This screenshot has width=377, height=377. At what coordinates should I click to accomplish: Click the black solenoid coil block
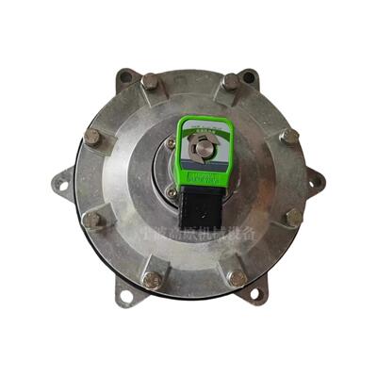click(201, 206)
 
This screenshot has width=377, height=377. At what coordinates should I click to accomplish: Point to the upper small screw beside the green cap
click(171, 143)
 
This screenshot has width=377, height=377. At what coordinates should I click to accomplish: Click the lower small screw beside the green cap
click(171, 190)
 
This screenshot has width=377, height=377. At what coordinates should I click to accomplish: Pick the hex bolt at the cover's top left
click(150, 83)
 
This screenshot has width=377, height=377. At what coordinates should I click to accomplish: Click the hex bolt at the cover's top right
click(231, 83)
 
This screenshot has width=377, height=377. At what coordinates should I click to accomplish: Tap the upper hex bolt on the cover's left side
click(92, 137)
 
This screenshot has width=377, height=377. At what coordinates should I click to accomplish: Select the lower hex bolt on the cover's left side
click(91, 220)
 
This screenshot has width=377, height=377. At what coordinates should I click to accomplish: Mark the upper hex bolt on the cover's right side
click(290, 136)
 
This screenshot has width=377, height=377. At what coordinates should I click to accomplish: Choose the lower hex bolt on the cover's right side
click(293, 217)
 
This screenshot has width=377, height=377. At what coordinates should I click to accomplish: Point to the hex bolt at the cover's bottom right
click(238, 278)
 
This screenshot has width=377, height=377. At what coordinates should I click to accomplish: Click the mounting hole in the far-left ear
click(64, 184)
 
